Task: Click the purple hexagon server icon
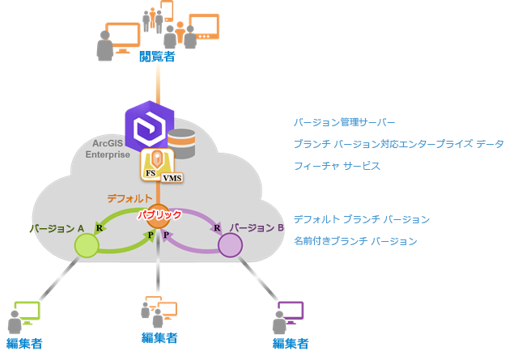(150, 126)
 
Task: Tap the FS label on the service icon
(150, 173)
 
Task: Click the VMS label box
(171, 177)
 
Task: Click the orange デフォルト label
(129, 198)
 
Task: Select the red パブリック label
(159, 215)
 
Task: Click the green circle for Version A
(87, 245)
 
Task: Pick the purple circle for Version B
(230, 245)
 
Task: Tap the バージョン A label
(57, 228)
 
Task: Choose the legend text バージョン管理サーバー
(345, 123)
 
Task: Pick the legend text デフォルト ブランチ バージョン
(361, 219)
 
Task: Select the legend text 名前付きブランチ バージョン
(355, 241)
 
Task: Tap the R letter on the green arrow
(99, 227)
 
